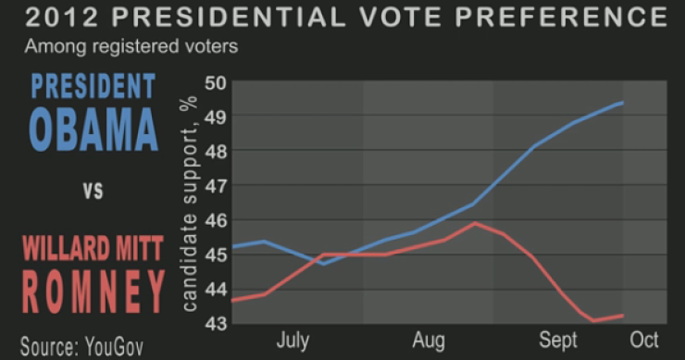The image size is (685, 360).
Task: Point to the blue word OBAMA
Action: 93,129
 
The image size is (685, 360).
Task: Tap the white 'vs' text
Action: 93,192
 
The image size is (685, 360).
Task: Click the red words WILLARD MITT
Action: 93,248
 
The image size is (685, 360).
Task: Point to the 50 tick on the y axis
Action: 215,81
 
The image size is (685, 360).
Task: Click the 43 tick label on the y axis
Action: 215,322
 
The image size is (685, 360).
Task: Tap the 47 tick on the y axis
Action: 215,185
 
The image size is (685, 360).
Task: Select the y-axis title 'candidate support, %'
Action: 191,202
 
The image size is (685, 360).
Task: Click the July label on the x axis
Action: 293,341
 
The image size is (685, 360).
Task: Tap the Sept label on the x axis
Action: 559,341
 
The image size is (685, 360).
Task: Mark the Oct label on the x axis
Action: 644,341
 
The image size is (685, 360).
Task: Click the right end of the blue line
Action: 622,103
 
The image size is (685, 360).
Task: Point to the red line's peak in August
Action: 474,223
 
